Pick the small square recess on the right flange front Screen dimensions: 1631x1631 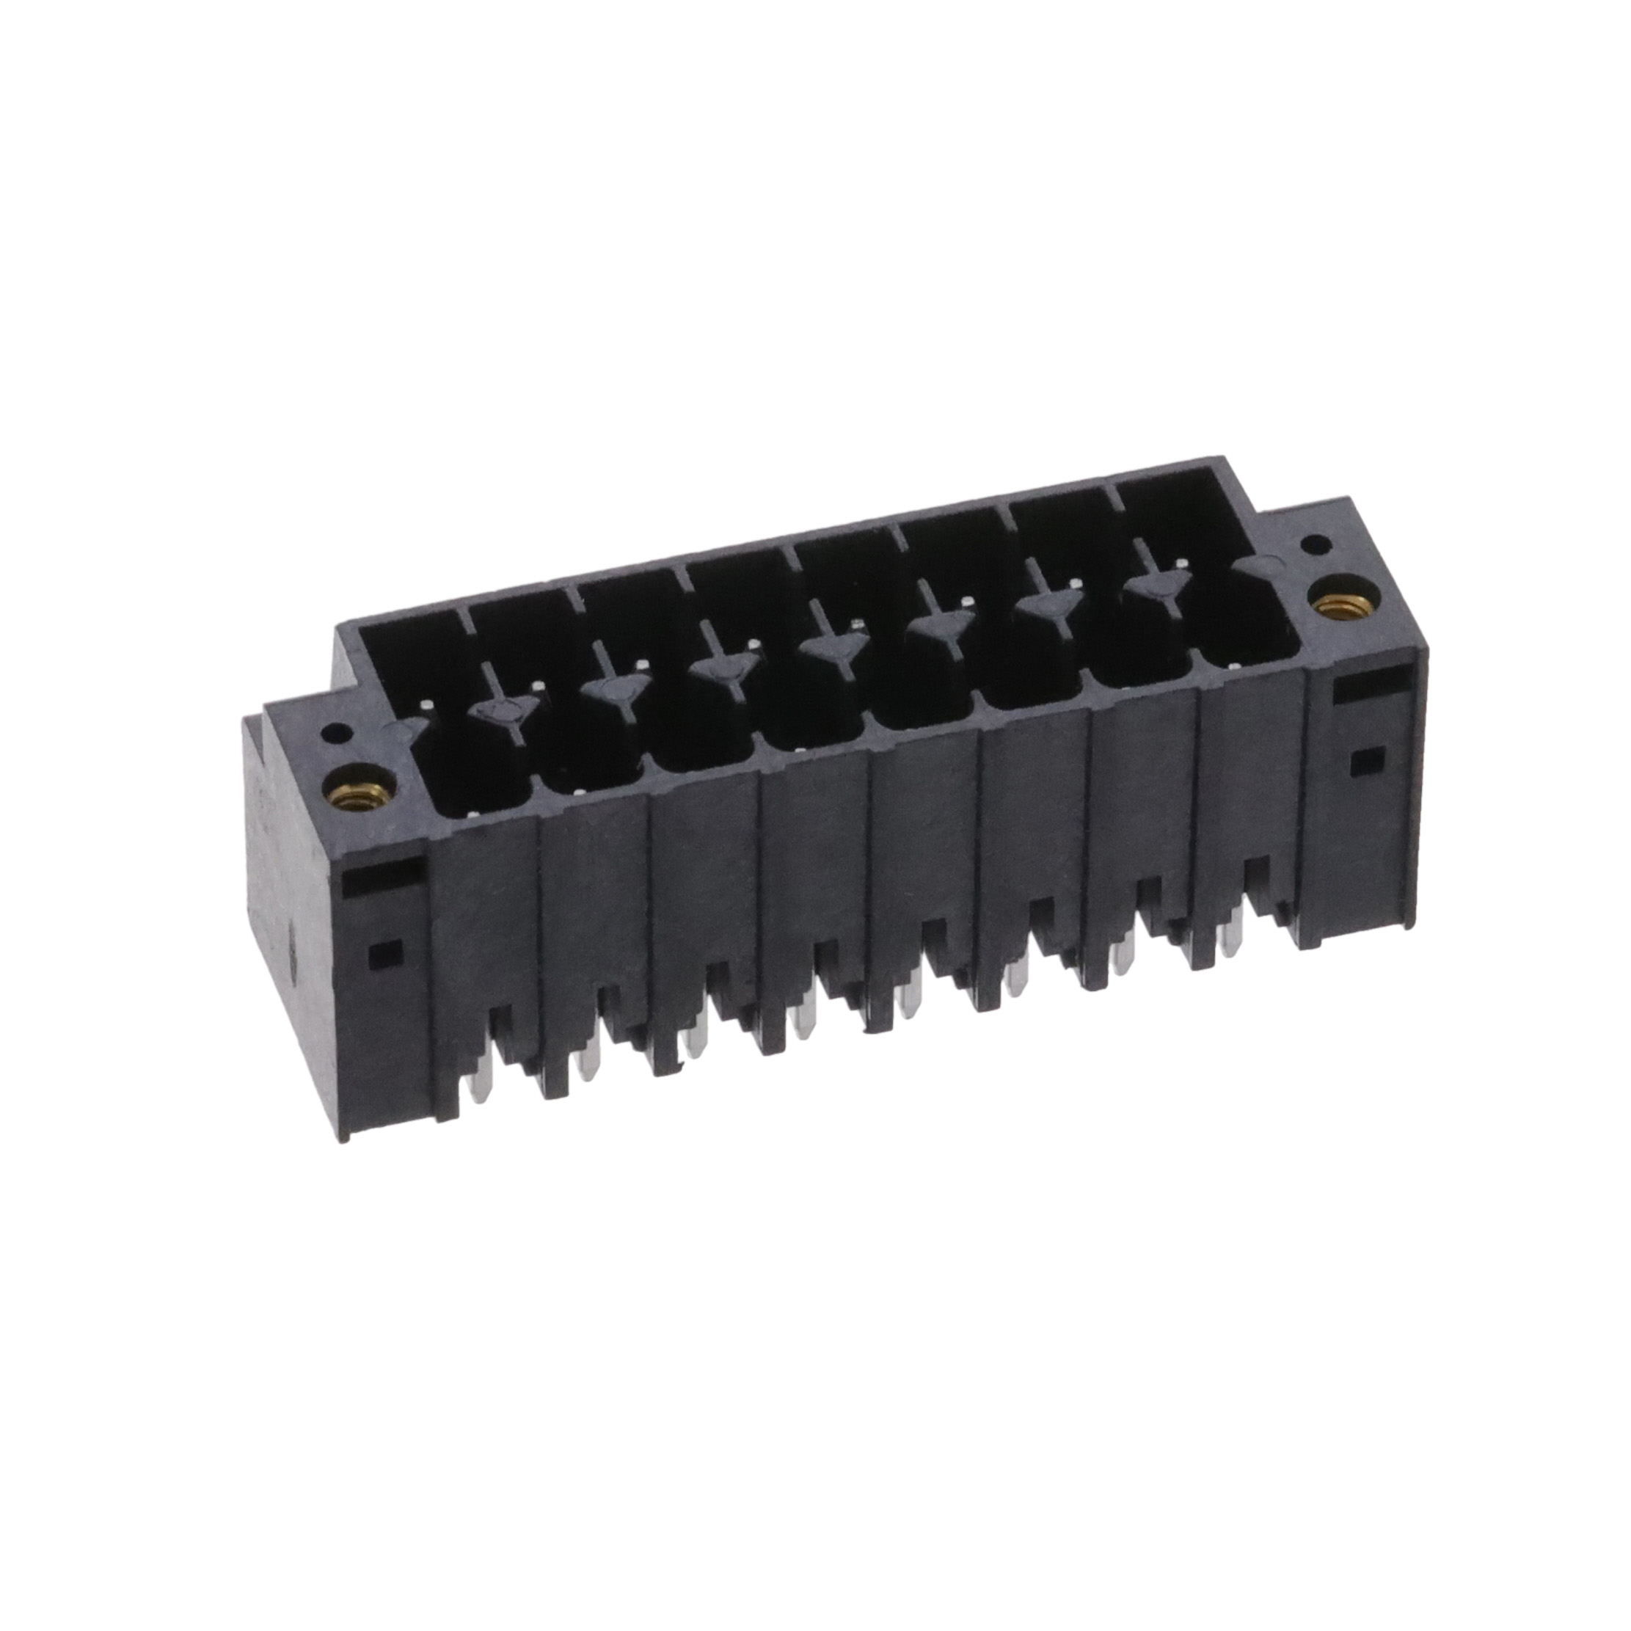tap(1362, 761)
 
